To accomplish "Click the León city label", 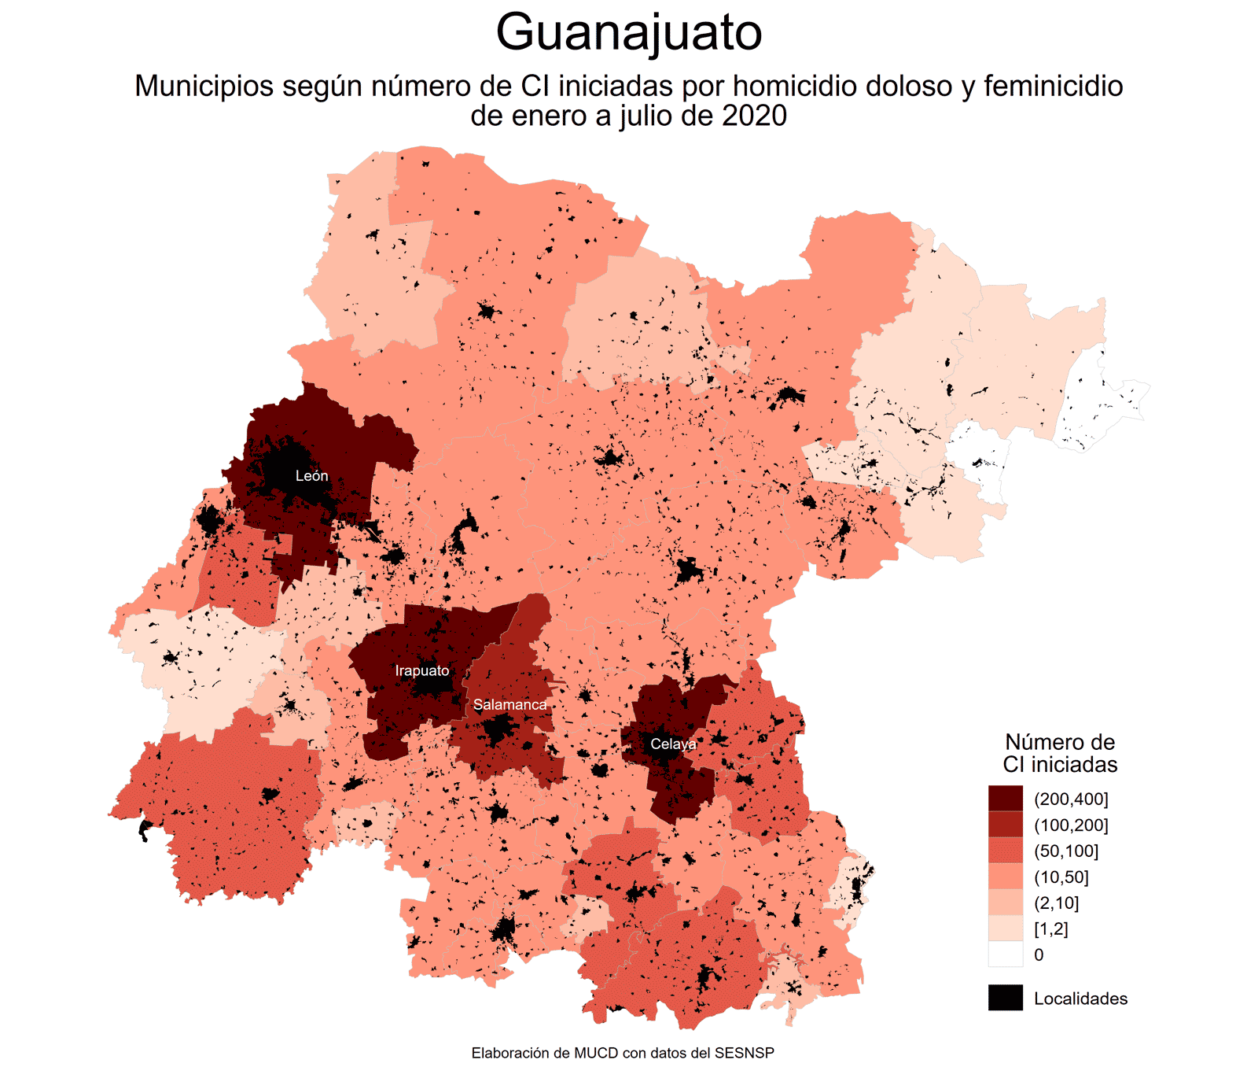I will click(x=311, y=476).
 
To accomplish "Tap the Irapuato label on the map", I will click(x=422, y=671).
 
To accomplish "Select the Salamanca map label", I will click(x=509, y=705).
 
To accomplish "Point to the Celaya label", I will click(x=673, y=744).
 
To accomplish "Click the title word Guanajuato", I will click(x=629, y=33).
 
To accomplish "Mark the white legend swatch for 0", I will click(x=1006, y=954).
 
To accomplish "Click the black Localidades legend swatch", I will click(x=1006, y=998).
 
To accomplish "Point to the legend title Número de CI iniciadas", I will click(x=1060, y=753).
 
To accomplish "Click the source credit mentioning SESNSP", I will click(x=623, y=1053).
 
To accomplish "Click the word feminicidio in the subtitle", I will click(x=1053, y=86).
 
